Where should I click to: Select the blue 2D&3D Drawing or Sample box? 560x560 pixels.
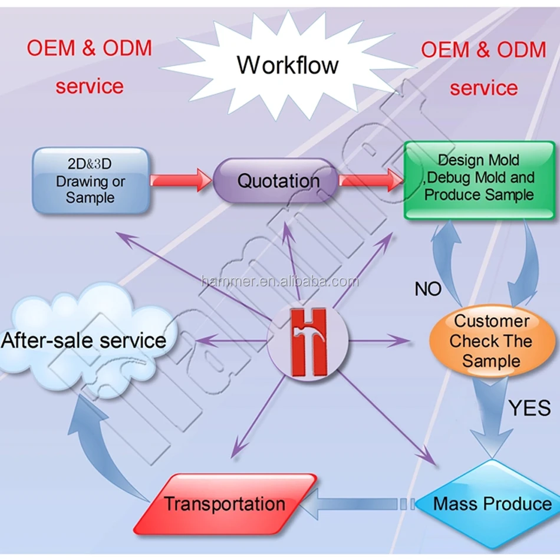[x=90, y=180]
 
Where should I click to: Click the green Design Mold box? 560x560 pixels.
[x=479, y=179]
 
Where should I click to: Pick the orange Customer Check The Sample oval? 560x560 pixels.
[x=492, y=341]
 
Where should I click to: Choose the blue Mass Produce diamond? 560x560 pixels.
[x=492, y=504]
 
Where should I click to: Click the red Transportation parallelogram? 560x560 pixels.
[x=225, y=504]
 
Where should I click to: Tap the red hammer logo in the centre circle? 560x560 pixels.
[x=308, y=342]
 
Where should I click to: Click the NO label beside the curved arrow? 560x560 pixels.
[x=428, y=289]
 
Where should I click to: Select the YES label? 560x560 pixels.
[x=529, y=407]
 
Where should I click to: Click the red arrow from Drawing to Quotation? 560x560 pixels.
[x=180, y=180]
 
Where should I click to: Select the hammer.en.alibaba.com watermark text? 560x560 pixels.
[x=279, y=281]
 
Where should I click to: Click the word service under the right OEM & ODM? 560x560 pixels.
[x=483, y=88]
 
